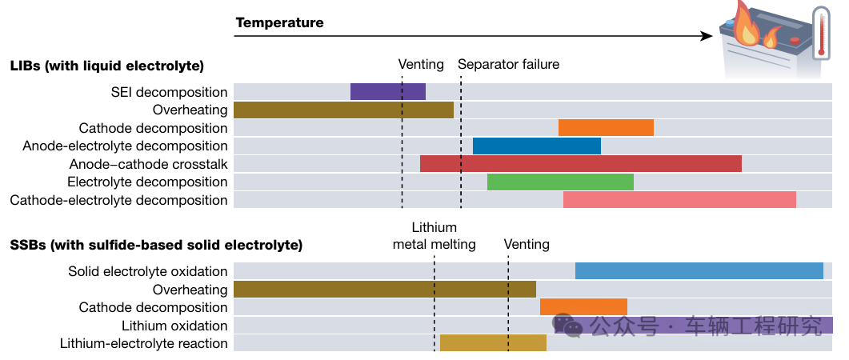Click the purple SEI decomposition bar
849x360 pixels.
pyautogui.click(x=387, y=92)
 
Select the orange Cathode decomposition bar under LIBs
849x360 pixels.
pyautogui.click(x=606, y=128)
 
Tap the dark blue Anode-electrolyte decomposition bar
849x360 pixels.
pyautogui.click(x=536, y=146)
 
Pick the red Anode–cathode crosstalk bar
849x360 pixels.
pyautogui.click(x=580, y=164)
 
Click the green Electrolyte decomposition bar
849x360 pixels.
pyautogui.click(x=560, y=182)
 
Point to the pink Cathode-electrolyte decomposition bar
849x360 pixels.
pyautogui.click(x=679, y=200)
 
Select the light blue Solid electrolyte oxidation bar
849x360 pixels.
pyautogui.click(x=699, y=271)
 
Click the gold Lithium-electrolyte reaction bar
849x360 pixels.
pyautogui.click(x=493, y=343)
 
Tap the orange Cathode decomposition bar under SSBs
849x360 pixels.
pyautogui.click(x=583, y=307)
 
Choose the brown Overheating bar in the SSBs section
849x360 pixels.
pyautogui.click(x=384, y=289)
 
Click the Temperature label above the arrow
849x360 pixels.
pyautogui.click(x=279, y=22)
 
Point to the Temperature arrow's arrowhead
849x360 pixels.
pyautogui.click(x=707, y=36)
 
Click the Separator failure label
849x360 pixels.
pyautogui.click(x=508, y=64)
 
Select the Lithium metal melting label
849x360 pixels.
pyautogui.click(x=435, y=236)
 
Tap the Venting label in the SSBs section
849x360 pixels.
pyautogui.click(x=527, y=244)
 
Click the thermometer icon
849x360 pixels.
pyautogui.click(x=819, y=34)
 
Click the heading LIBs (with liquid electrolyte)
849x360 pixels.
pyautogui.click(x=107, y=66)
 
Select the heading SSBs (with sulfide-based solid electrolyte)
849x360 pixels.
pyautogui.click(x=156, y=245)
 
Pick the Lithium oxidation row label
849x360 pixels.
pyautogui.click(x=174, y=326)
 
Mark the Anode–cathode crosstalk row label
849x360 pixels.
pyautogui.click(x=149, y=164)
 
